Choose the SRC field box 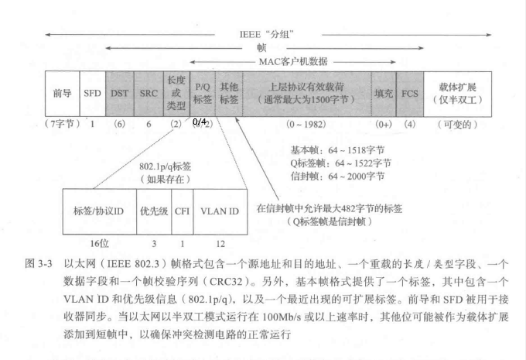(149, 93)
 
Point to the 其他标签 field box (228, 93)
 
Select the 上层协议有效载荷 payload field (307, 93)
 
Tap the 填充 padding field (381, 93)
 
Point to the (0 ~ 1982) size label (307, 124)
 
